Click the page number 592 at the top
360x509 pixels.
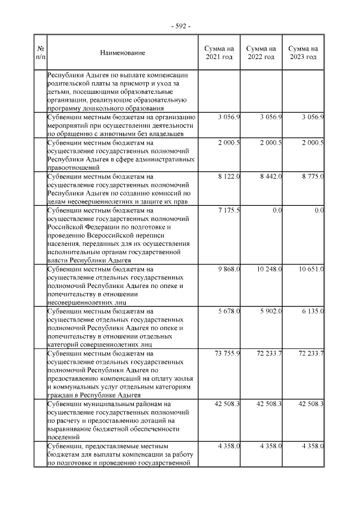pyautogui.click(x=181, y=26)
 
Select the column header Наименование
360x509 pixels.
pyautogui.click(x=122, y=53)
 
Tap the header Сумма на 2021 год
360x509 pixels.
pyautogui.click(x=219, y=53)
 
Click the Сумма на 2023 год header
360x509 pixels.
pyautogui.click(x=303, y=53)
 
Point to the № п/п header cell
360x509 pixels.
pyautogui.click(x=40, y=53)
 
